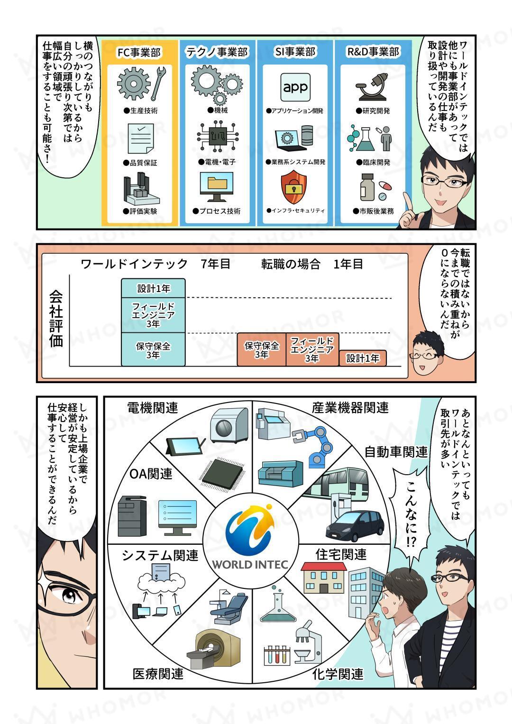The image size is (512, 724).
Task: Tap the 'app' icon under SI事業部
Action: (x=295, y=87)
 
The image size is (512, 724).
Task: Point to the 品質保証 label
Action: (x=140, y=163)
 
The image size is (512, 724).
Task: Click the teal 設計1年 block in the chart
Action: (x=153, y=288)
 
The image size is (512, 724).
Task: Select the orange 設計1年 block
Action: (x=363, y=358)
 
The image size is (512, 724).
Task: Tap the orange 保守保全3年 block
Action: (x=261, y=350)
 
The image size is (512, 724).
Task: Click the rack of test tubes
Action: (x=276, y=654)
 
